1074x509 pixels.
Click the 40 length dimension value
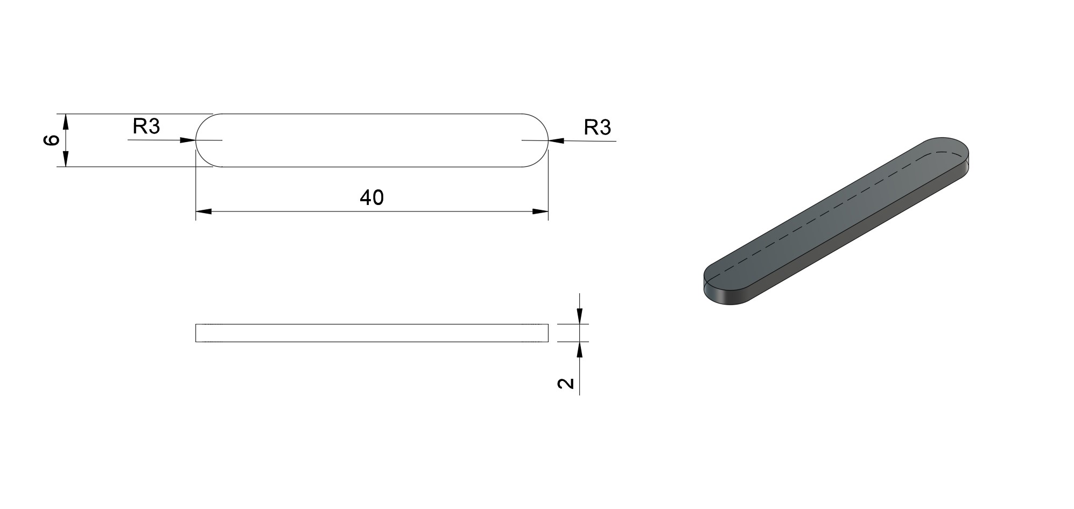(371, 198)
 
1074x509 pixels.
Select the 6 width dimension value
(52, 140)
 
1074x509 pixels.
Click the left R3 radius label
(146, 126)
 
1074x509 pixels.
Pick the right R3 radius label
(598, 128)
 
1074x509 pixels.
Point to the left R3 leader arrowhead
(187, 140)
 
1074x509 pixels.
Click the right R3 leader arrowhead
(556, 141)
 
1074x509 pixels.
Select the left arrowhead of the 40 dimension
(203, 211)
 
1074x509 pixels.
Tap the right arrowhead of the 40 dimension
(540, 211)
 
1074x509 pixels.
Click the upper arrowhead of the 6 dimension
(66, 122)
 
